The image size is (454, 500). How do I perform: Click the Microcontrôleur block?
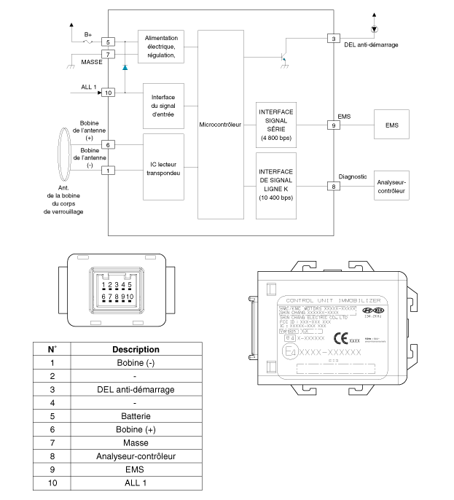coord(221,125)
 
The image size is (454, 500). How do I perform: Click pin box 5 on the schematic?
coord(109,43)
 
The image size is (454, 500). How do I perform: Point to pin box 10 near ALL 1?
coord(109,93)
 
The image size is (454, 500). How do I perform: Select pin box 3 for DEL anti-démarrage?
coord(334,38)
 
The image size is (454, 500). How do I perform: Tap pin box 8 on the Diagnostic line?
coord(334,187)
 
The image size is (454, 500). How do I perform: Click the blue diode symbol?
coord(125,67)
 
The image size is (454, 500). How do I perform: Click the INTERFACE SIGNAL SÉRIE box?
coord(275,125)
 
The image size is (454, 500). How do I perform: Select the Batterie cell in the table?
coord(136,417)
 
